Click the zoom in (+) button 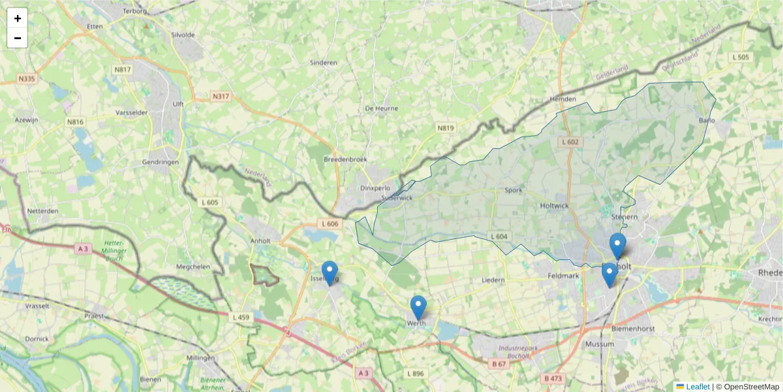click(18, 18)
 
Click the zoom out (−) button click(18, 38)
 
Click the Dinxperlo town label click(375, 188)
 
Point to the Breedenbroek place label click(346, 159)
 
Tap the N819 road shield click(446, 128)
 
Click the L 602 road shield click(570, 142)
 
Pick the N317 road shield click(221, 97)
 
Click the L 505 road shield click(741, 57)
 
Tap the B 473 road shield click(553, 378)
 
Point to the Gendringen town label click(160, 162)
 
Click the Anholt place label click(260, 240)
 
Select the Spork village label click(514, 191)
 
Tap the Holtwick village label click(555, 206)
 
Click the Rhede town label click(769, 272)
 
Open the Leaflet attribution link click(698, 387)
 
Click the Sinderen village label click(324, 63)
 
